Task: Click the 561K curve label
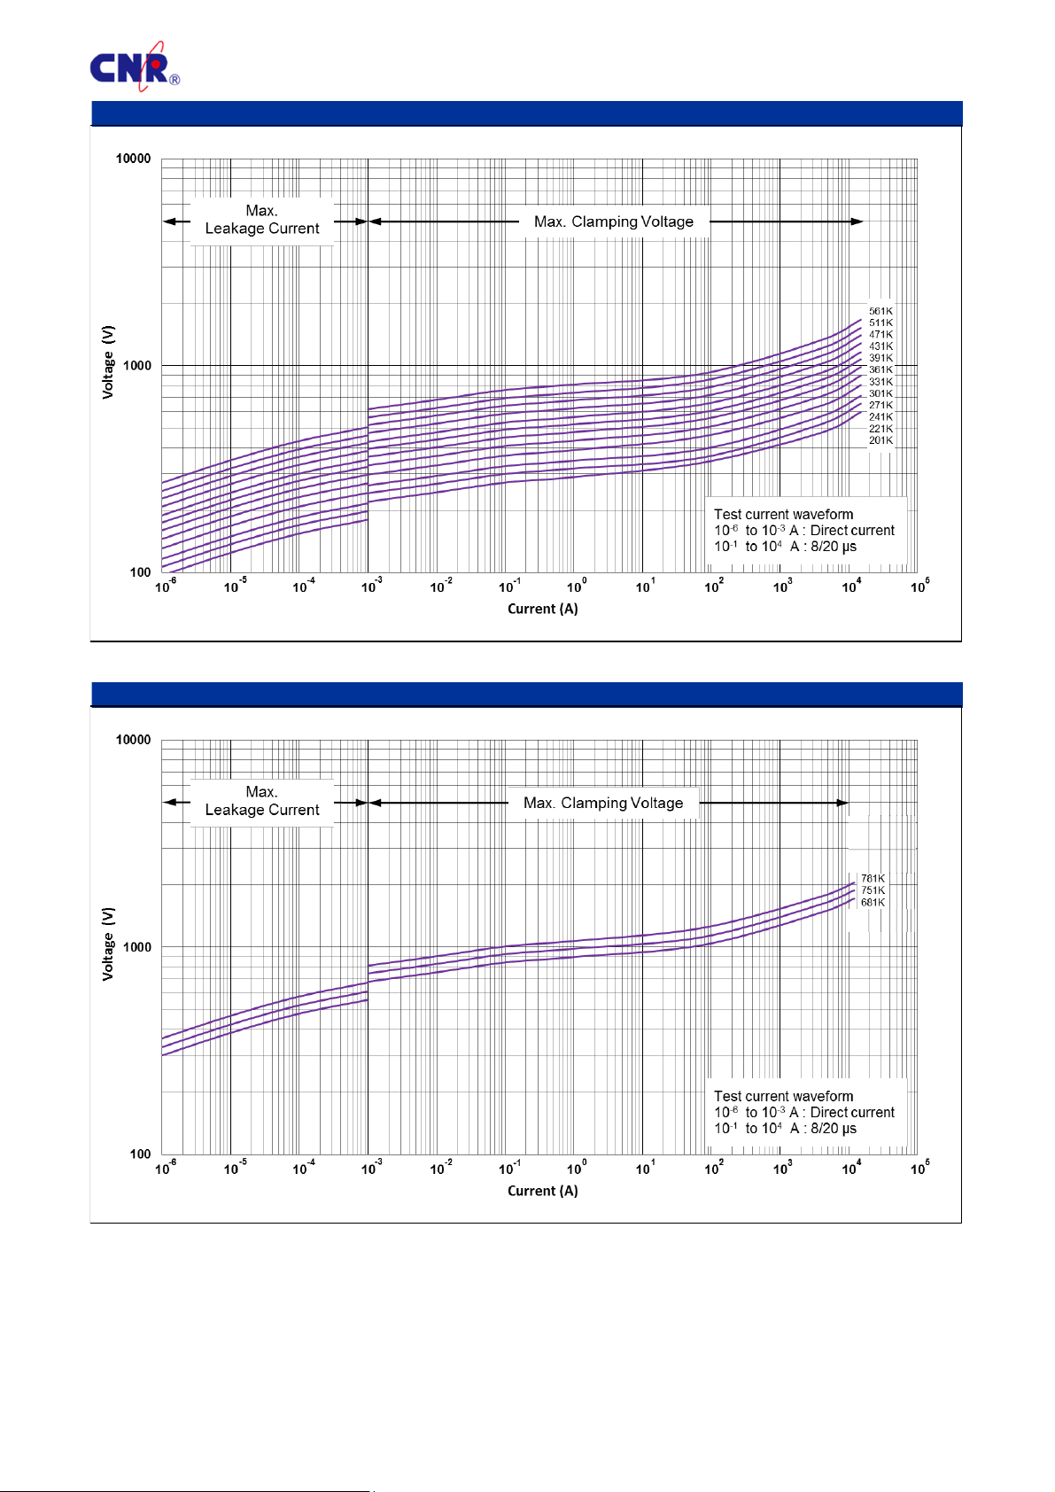[880, 311]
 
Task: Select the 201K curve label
[880, 440]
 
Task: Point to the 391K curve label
[880, 358]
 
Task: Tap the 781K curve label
[873, 879]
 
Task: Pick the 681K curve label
[873, 903]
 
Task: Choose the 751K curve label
[873, 890]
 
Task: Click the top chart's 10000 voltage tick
[134, 159]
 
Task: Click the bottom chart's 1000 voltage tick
[136, 947]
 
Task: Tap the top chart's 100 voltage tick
[140, 572]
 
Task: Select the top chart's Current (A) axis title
[542, 609]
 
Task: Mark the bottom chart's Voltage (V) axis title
[108, 944]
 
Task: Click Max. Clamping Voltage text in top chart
[613, 221]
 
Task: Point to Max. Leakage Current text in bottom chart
[262, 801]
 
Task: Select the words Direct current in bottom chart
[852, 1112]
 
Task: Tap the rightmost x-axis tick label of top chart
[919, 587]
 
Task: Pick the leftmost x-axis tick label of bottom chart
[166, 1169]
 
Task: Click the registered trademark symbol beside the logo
[175, 80]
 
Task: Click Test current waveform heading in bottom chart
[783, 1096]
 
